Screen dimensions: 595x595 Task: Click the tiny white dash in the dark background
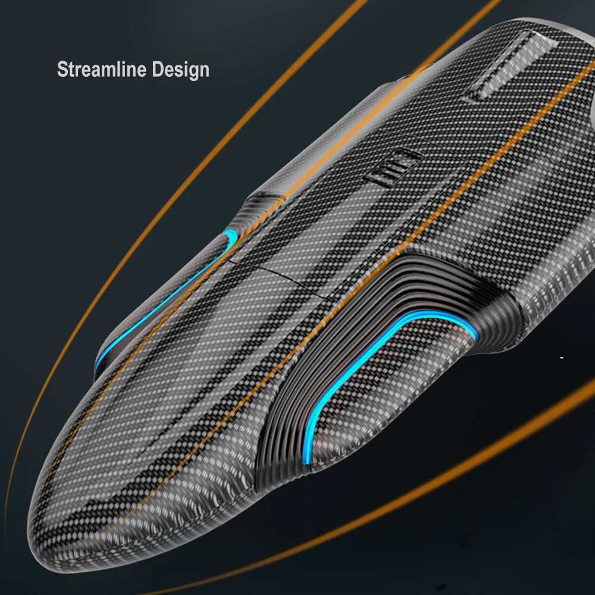[562, 357]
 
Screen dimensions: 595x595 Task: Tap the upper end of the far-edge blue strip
[228, 235]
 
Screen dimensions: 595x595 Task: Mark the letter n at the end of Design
[204, 70]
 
